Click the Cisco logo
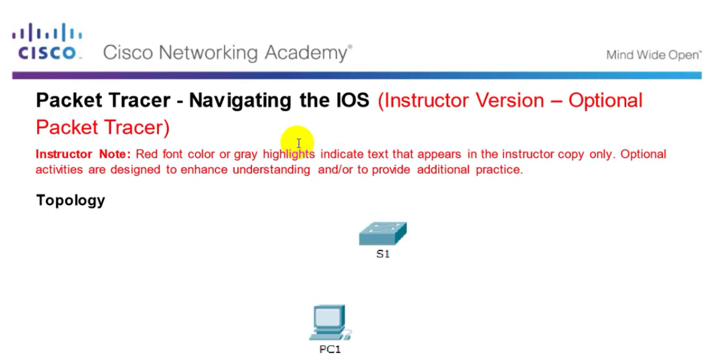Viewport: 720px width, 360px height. coord(47,42)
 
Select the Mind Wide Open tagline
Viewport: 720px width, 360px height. coord(654,55)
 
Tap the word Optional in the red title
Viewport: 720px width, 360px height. coord(605,101)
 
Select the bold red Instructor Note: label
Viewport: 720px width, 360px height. coord(83,154)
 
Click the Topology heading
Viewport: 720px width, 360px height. coord(70,200)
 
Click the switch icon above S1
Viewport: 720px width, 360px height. coord(383,234)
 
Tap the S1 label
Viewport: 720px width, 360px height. coord(383,254)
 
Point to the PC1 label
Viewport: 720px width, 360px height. coord(330,350)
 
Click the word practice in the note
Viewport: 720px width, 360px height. coord(499,170)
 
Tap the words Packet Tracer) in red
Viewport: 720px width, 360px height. coord(103,128)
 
